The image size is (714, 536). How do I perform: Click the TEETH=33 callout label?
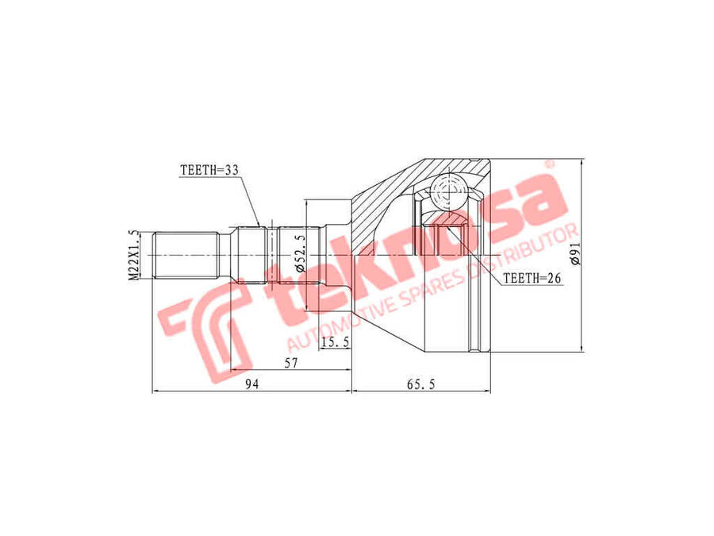(x=209, y=171)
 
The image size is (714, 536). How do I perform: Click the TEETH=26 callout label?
(x=532, y=278)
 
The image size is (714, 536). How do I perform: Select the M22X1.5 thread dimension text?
(x=133, y=255)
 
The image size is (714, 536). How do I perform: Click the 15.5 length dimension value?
(x=335, y=341)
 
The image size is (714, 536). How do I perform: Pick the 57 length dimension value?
(x=290, y=363)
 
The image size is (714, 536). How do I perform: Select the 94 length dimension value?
(x=251, y=384)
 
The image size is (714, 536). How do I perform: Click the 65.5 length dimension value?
(x=420, y=384)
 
